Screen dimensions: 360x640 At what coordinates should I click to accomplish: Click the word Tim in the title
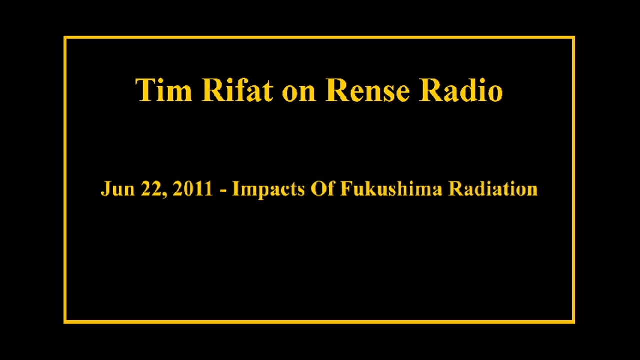point(163,90)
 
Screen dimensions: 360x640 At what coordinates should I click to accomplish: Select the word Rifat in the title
point(237,90)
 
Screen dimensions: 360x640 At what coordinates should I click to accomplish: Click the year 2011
point(192,189)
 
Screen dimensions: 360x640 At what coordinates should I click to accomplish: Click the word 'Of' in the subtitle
point(322,189)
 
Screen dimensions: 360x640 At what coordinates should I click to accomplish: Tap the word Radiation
point(493,189)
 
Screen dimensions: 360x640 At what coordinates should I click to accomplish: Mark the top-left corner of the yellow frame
point(65,37)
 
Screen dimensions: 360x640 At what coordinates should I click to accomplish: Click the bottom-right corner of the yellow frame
point(573,322)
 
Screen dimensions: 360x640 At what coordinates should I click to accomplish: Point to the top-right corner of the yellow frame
point(573,37)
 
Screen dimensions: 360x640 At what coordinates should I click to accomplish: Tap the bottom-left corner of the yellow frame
point(65,322)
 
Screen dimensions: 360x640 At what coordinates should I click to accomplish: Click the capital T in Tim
point(145,90)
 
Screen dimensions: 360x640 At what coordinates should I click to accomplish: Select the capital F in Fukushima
point(346,189)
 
